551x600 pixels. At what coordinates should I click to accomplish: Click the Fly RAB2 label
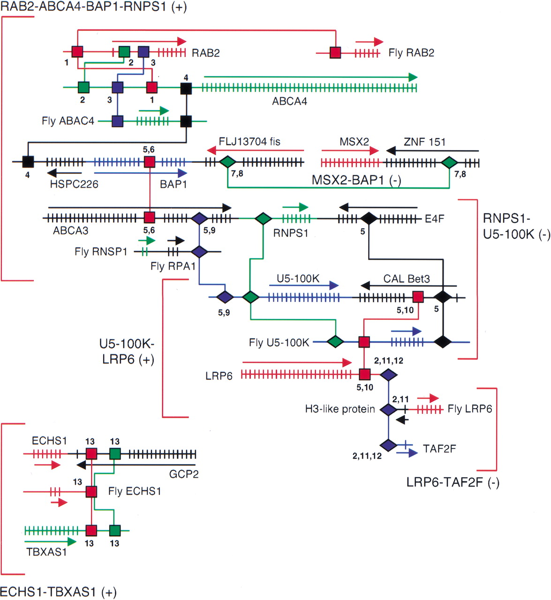[x=411, y=53]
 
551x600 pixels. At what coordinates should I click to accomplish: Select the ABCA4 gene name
[x=289, y=101]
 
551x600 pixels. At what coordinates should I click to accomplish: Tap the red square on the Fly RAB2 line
[x=335, y=52]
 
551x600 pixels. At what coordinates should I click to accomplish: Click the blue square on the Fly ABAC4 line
[x=117, y=121]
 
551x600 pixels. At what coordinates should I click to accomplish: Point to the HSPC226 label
[x=74, y=184]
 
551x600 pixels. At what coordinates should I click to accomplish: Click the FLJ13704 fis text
[x=249, y=142]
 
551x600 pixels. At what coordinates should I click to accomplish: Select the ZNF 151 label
[x=424, y=142]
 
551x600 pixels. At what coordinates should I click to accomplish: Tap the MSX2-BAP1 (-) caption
[x=356, y=180]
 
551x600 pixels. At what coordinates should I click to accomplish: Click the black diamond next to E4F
[x=369, y=218]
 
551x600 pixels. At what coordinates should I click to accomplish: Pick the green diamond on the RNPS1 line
[x=263, y=218]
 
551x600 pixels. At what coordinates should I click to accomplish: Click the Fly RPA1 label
[x=173, y=266]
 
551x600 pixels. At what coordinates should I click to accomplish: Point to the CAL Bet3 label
[x=406, y=279]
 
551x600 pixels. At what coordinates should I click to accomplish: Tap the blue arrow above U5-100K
[x=304, y=285]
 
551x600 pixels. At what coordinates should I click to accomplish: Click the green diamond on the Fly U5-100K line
[x=335, y=342]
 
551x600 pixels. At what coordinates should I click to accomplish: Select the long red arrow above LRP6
[x=297, y=362]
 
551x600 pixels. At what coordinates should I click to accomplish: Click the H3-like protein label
[x=340, y=409]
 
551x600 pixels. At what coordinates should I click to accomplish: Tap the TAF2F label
[x=439, y=449]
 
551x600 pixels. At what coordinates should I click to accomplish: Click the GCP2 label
[x=183, y=474]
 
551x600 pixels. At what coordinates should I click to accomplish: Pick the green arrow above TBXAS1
[x=50, y=542]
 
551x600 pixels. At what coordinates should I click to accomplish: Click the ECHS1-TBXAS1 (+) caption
[x=58, y=592]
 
